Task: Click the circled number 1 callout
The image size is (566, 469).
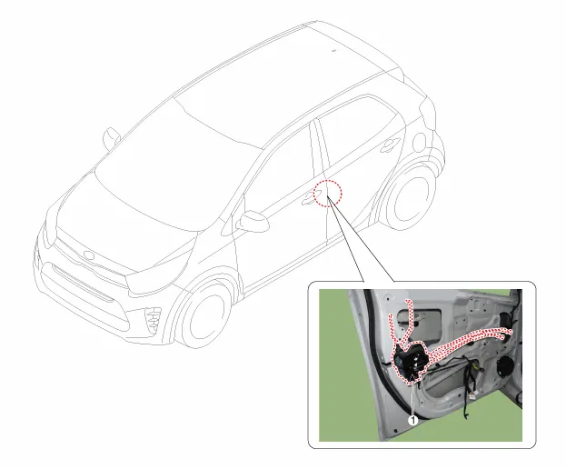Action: point(412,420)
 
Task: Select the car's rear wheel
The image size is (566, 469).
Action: point(408,197)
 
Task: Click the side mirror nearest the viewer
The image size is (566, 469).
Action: point(253,221)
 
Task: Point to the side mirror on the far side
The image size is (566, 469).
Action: point(112,138)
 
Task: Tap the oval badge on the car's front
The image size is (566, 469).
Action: point(89,254)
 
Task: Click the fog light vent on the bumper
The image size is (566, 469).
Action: point(153,319)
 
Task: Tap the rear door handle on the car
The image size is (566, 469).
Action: point(391,144)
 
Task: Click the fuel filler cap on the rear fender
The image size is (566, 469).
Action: point(419,142)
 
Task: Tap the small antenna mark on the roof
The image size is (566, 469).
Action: point(334,51)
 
